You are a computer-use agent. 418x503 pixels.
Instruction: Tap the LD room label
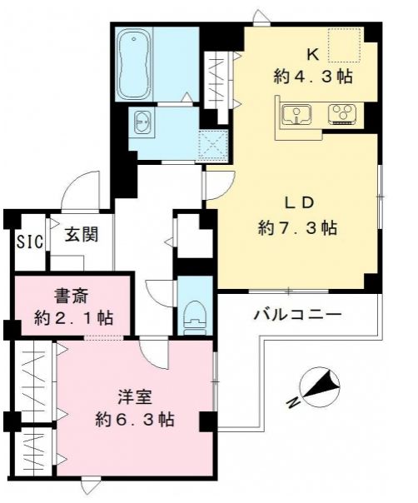click(x=300, y=202)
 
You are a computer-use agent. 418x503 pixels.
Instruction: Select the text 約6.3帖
click(x=134, y=419)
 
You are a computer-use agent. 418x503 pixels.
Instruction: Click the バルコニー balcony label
click(x=297, y=316)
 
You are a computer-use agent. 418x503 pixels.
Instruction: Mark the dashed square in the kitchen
click(x=342, y=46)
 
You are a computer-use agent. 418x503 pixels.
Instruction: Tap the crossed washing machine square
click(x=212, y=144)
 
